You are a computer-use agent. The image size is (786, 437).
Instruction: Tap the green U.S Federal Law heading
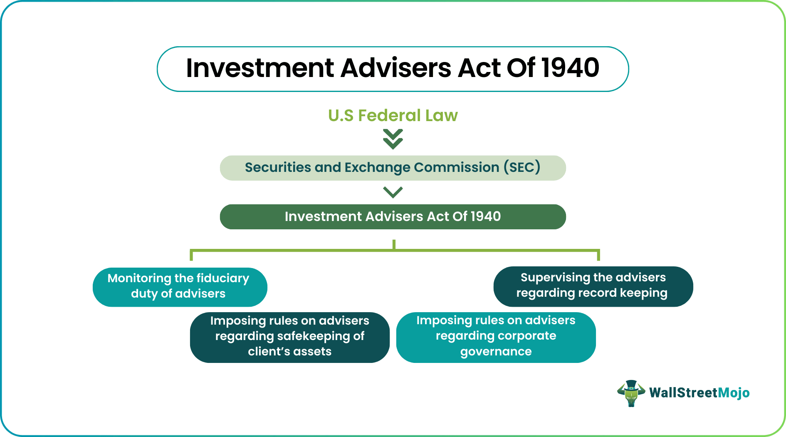[x=393, y=115]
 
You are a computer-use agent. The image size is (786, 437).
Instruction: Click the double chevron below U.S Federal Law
[x=393, y=139]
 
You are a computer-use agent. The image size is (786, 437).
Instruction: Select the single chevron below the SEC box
[x=393, y=192]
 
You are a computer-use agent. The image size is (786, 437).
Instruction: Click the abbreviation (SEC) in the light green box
[x=522, y=167]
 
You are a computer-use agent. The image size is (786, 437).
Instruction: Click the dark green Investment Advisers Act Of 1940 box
[x=393, y=217]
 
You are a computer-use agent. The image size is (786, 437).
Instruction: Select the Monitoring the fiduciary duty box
[x=180, y=287]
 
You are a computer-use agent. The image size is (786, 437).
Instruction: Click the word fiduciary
[x=222, y=278]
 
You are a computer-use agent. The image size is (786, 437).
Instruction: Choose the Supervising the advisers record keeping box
[x=593, y=286]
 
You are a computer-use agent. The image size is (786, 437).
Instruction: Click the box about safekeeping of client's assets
[x=289, y=337]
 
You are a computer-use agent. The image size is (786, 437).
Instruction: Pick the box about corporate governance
[x=496, y=337]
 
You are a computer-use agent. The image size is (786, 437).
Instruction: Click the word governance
[x=496, y=352]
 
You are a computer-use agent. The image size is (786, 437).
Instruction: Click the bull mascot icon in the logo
[x=631, y=393]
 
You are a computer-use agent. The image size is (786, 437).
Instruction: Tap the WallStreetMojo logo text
[x=699, y=393]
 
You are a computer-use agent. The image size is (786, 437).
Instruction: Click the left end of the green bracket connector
[x=191, y=255]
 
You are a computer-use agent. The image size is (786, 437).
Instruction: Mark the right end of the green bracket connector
[x=598, y=255]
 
